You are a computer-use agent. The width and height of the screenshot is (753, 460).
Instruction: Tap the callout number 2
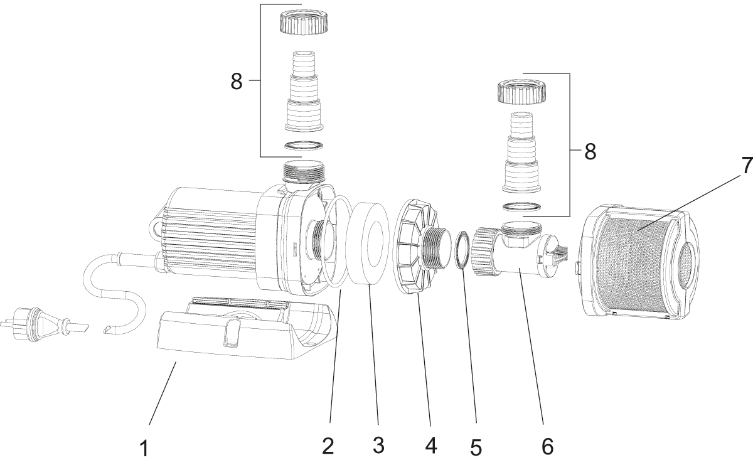pyautogui.click(x=328, y=446)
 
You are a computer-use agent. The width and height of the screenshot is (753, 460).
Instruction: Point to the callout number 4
pyautogui.click(x=430, y=446)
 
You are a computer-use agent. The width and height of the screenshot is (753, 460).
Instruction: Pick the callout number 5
pyautogui.click(x=476, y=447)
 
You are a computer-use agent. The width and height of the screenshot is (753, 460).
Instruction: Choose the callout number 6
pyautogui.click(x=547, y=446)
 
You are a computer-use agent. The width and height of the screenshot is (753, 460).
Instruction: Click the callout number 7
pyautogui.click(x=745, y=166)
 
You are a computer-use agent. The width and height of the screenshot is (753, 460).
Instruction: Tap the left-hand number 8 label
pyautogui.click(x=236, y=82)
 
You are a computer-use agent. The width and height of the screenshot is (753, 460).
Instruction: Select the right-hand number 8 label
pyautogui.click(x=590, y=152)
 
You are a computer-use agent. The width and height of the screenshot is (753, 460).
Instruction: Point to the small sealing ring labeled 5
pyautogui.click(x=462, y=249)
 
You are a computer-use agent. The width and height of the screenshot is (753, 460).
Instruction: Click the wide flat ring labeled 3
pyautogui.click(x=369, y=243)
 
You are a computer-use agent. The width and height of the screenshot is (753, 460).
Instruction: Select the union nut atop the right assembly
pyautogui.click(x=523, y=91)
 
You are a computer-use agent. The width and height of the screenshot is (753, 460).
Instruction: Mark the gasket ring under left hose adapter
pyautogui.click(x=303, y=147)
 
